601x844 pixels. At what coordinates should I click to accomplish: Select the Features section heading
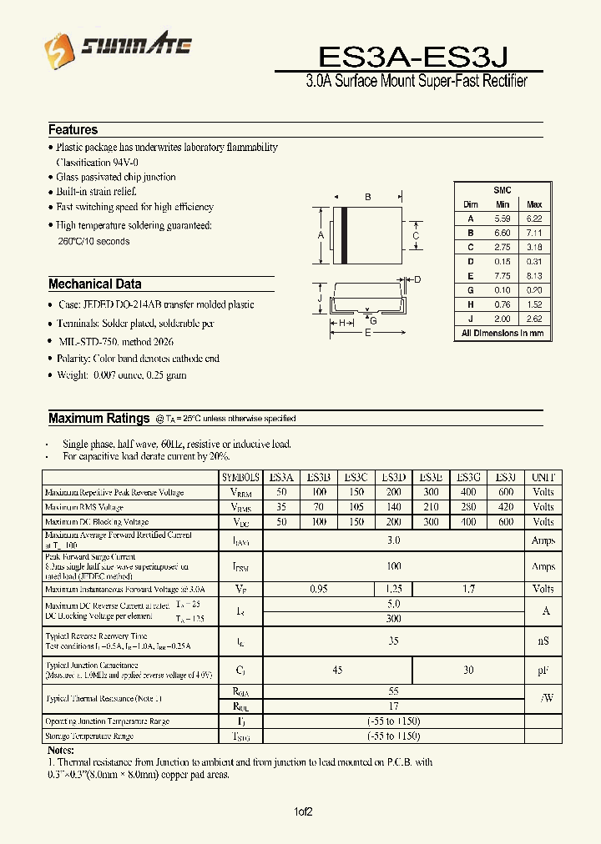73,130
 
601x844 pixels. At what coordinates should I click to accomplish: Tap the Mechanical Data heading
94,284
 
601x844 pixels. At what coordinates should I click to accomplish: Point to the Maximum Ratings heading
98,418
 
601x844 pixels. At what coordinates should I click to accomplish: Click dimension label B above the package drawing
367,198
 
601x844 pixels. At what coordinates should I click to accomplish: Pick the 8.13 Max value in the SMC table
534,275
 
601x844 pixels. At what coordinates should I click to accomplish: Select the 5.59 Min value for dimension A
502,218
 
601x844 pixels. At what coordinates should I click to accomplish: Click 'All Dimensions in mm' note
503,333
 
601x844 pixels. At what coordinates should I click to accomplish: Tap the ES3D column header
393,477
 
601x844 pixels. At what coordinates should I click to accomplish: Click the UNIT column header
543,477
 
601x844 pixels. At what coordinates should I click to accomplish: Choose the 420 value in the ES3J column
505,507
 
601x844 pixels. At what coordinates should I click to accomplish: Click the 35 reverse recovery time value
393,641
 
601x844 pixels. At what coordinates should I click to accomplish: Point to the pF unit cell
543,671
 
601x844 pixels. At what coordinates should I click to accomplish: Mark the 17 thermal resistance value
393,706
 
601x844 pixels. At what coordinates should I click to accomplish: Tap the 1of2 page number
303,811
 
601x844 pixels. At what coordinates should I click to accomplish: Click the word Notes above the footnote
62,750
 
